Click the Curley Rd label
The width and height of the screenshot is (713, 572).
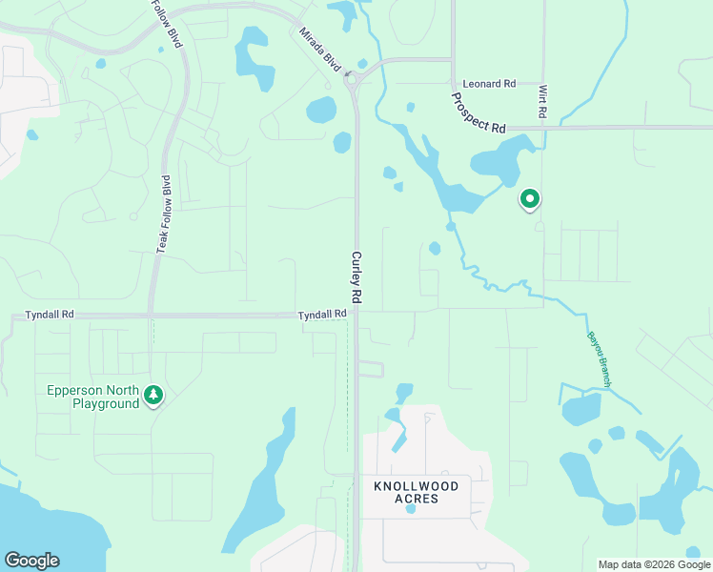click(x=356, y=277)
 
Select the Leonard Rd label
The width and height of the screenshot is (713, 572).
click(x=489, y=84)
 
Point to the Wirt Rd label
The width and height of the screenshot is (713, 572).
click(x=542, y=101)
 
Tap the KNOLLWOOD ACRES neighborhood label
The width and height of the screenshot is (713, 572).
click(x=416, y=492)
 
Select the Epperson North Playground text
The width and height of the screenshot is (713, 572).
click(x=92, y=397)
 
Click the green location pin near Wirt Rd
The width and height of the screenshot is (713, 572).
click(x=529, y=198)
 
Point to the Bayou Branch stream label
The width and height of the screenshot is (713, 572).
click(x=599, y=357)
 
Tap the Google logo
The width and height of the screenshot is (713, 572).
click(x=31, y=561)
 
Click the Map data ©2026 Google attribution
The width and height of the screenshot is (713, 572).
click(x=655, y=564)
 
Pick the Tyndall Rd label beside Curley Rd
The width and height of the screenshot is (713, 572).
click(x=321, y=315)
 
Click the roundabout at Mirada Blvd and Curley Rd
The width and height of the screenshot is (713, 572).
click(x=350, y=78)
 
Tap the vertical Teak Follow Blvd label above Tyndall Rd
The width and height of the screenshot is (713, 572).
click(x=164, y=214)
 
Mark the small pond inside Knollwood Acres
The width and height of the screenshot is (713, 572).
click(x=411, y=508)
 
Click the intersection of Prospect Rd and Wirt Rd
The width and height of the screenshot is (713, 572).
click(x=543, y=126)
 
